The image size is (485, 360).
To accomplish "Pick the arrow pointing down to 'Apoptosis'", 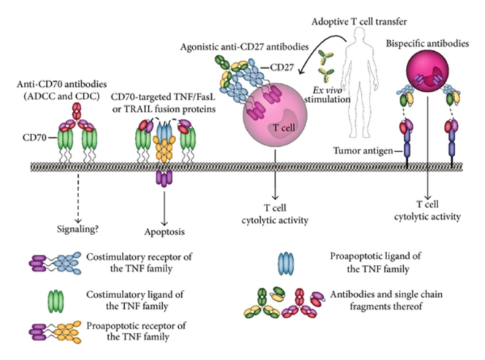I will [167, 204].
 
